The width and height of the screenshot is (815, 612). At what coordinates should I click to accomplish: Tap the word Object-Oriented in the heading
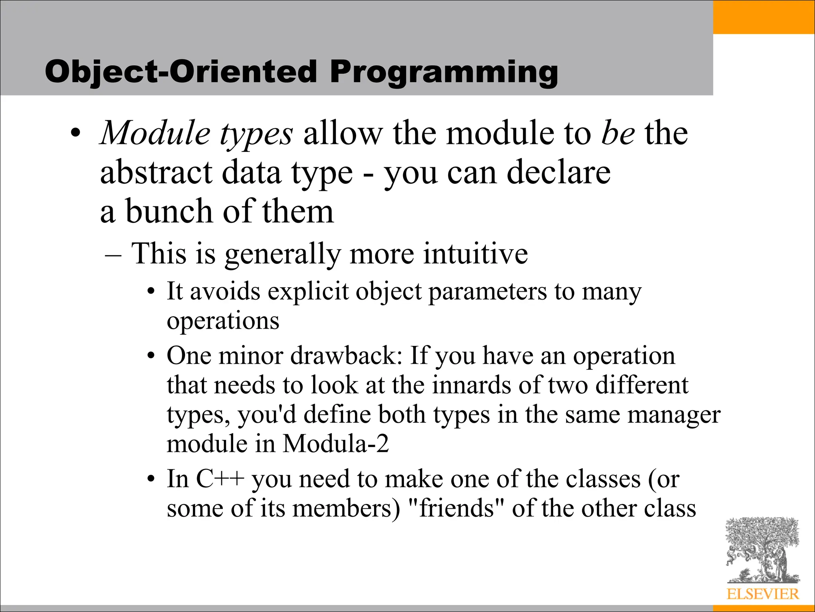tap(181, 72)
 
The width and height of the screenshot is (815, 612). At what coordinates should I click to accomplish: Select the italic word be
tap(618, 133)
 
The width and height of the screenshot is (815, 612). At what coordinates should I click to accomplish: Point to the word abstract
tap(156, 173)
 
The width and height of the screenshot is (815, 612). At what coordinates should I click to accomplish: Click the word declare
tap(559, 173)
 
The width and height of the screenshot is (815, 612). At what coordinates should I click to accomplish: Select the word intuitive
tap(475, 254)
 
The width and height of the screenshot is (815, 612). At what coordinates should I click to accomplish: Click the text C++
tap(220, 479)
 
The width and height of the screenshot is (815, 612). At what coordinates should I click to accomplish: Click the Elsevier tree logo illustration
tap(762, 550)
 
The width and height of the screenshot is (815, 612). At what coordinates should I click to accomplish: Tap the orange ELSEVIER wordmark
tap(762, 594)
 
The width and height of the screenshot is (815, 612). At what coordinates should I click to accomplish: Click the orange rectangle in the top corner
tap(764, 17)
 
